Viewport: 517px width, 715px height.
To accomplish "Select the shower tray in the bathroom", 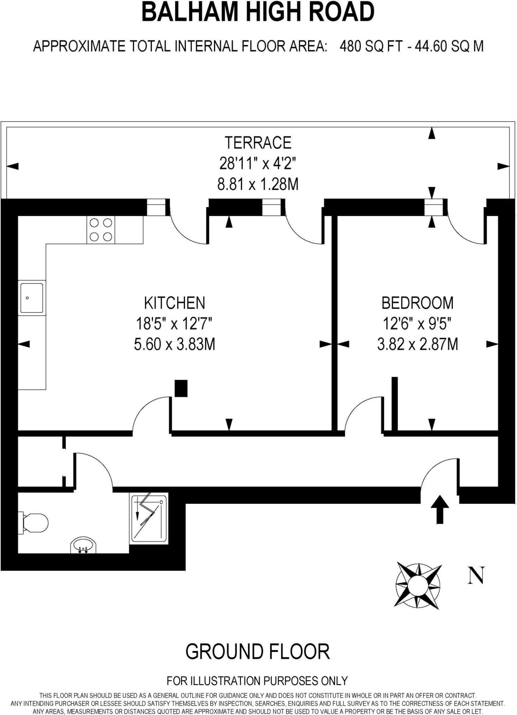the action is click(149, 518).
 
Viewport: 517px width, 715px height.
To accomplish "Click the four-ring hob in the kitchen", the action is click(101, 230).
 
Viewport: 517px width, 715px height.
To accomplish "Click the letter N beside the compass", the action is click(476, 575).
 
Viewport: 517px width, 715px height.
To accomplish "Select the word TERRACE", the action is click(258, 143).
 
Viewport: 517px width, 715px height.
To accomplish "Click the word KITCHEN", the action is click(174, 303).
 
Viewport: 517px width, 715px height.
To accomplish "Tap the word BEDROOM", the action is click(417, 303).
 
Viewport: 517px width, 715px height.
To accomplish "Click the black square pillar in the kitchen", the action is click(181, 388).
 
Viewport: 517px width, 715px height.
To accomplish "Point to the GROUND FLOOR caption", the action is click(258, 651).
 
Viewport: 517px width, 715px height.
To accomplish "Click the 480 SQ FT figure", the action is click(370, 46).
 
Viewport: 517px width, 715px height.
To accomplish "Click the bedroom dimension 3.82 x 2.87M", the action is click(417, 344).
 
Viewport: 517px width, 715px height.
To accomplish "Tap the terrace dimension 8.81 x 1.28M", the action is click(258, 184).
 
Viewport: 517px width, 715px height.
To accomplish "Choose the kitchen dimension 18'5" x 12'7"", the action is click(174, 323).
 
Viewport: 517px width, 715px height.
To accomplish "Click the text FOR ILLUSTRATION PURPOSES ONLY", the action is click(257, 680).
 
